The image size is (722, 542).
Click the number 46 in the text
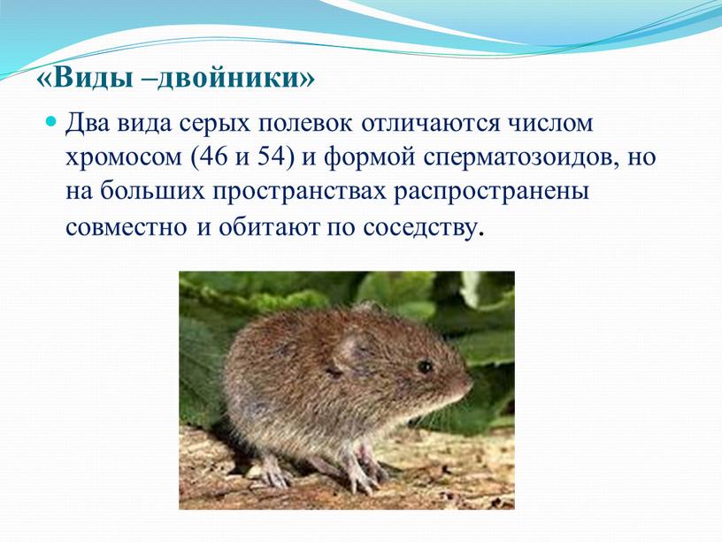(x=213, y=157)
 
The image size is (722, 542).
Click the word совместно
(x=127, y=228)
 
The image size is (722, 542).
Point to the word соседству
(x=421, y=228)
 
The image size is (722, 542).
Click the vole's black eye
(x=425, y=367)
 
